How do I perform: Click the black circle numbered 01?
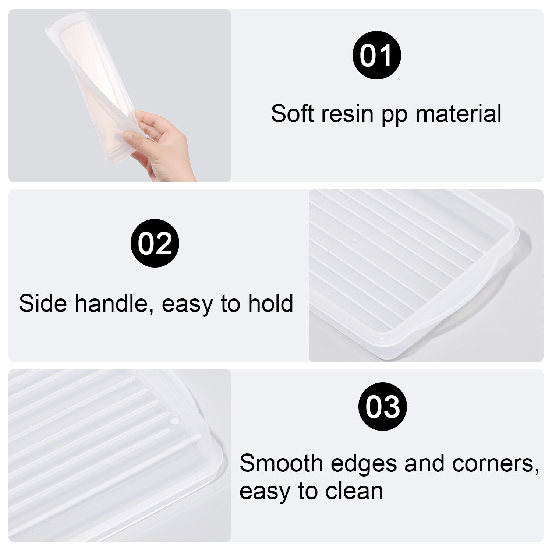(x=376, y=56)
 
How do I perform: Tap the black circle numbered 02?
(x=155, y=243)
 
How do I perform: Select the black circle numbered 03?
(x=382, y=407)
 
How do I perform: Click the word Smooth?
(x=281, y=463)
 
